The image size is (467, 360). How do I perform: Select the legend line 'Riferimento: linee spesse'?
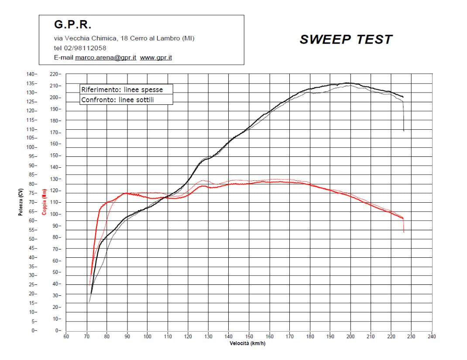(122, 89)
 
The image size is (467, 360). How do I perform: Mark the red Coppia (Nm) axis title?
(44, 202)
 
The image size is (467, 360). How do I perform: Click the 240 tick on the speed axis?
(432, 336)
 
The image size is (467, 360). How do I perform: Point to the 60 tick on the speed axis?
(66, 336)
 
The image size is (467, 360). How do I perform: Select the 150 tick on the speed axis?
(249, 336)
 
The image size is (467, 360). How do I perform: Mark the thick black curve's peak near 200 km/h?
(348, 83)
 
